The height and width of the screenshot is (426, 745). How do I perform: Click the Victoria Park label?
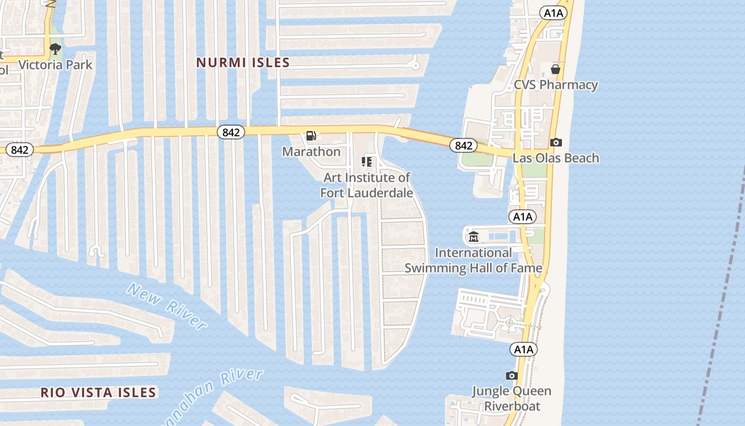pos(55,65)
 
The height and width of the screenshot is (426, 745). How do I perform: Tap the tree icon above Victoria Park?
pos(55,50)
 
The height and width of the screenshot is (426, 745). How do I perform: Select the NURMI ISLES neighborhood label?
pos(243,62)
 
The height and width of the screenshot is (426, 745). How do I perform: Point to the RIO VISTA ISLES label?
pos(98,392)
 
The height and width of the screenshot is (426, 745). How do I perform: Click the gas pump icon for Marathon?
pos(311,136)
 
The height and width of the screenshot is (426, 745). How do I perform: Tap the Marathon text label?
pos(311,152)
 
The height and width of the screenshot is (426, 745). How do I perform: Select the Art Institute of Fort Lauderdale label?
pos(367,185)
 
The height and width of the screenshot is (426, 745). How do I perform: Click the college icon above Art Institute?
pos(367,161)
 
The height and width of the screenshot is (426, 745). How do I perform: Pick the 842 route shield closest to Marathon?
pos(230,132)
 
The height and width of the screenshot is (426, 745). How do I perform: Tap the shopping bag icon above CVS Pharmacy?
pos(556,69)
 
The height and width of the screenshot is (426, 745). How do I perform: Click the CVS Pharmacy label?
pos(556,85)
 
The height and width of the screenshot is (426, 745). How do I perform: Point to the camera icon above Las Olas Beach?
pos(556,142)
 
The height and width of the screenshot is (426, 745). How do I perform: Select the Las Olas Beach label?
pos(556,158)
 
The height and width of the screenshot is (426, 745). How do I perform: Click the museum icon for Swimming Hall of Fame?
pos(474,236)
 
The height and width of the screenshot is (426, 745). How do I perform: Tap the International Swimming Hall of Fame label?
pos(473,260)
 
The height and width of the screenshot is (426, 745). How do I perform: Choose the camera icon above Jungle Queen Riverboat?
pos(511,375)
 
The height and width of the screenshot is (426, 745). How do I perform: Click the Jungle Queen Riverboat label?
pos(511,398)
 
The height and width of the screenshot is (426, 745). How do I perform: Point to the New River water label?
pos(167,306)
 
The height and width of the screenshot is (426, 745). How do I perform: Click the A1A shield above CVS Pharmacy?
pos(553,13)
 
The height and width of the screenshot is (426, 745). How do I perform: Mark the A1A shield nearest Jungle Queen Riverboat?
pos(524,349)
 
